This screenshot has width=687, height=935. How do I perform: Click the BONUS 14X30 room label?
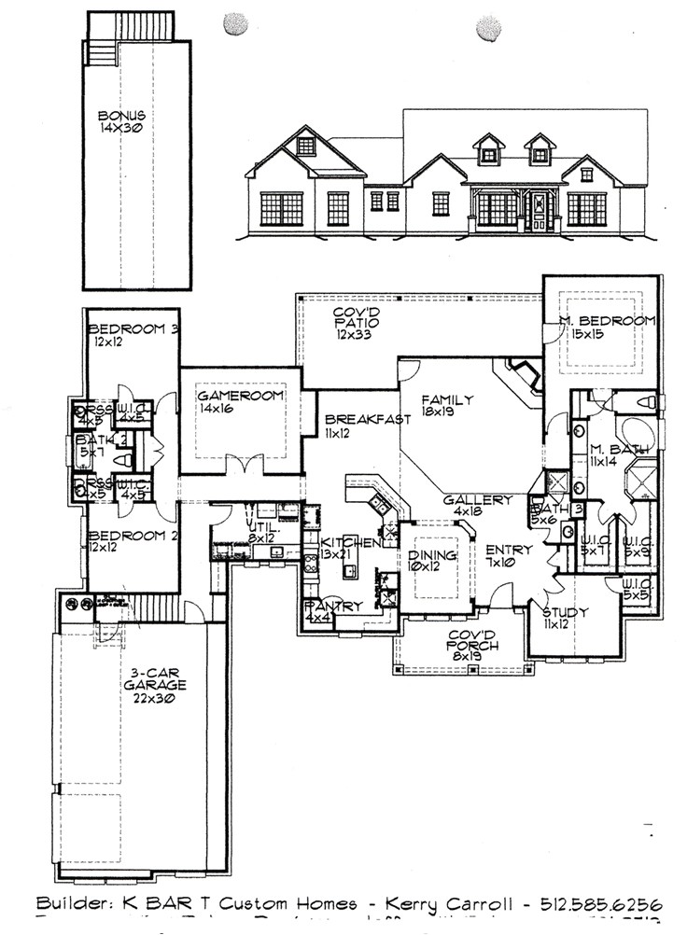pyautogui.click(x=121, y=123)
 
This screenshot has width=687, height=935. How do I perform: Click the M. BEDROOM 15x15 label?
pyautogui.click(x=607, y=327)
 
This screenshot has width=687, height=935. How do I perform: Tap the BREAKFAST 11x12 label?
pyautogui.click(x=364, y=426)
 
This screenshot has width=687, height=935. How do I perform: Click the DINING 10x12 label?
pyautogui.click(x=432, y=561)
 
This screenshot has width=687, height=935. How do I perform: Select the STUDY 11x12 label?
pyautogui.click(x=564, y=619)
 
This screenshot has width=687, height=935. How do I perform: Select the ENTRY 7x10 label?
pyautogui.click(x=509, y=556)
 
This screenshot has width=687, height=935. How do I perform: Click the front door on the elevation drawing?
pyautogui.click(x=538, y=211)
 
